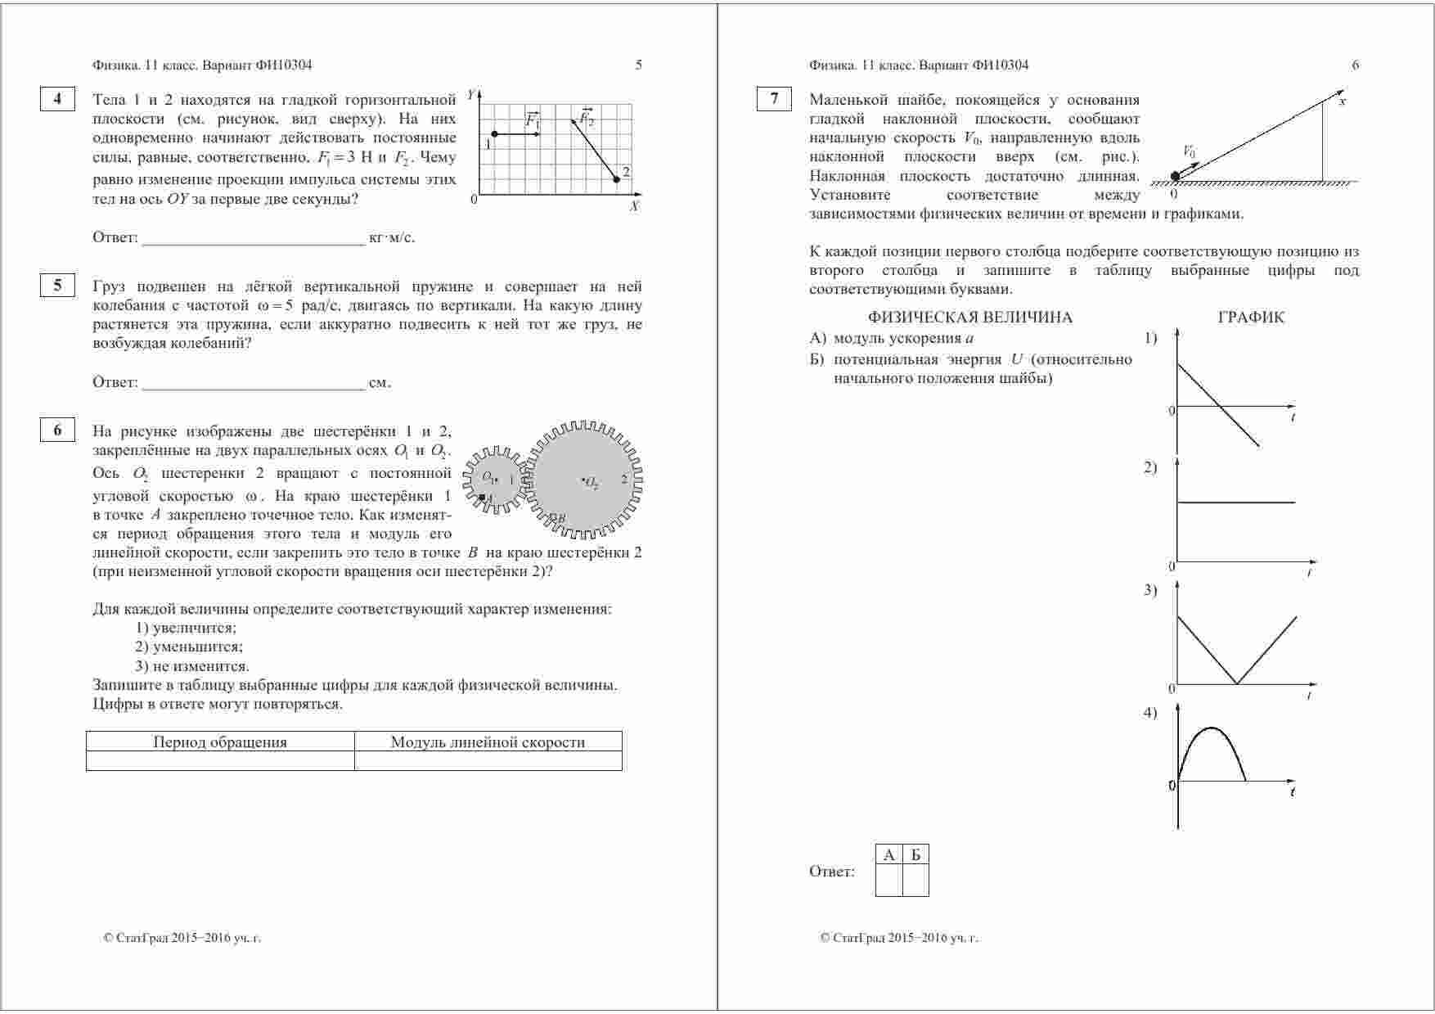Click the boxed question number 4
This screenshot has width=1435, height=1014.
[x=57, y=99]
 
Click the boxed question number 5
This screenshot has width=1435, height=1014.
[x=57, y=285]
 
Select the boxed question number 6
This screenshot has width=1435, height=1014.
[x=57, y=430]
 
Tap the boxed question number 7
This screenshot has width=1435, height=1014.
[x=774, y=99]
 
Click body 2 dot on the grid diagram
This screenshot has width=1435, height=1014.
[x=616, y=179]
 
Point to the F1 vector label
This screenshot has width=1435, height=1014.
[x=533, y=120]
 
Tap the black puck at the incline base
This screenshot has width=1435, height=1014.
[x=1176, y=176]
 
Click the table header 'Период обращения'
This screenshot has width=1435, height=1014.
[x=220, y=742]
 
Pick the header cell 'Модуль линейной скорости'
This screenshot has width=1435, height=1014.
[x=488, y=742]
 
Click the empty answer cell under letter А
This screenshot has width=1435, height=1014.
[x=888, y=881]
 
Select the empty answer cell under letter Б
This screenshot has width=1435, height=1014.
[x=915, y=881]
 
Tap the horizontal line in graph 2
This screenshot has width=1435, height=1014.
[x=1235, y=502]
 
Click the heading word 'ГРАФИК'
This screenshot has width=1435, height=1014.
[x=1251, y=318]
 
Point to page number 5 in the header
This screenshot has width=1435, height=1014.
[x=639, y=65]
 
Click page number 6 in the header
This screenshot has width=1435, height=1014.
[x=1355, y=65]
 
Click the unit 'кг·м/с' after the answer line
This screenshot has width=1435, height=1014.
[x=392, y=238]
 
